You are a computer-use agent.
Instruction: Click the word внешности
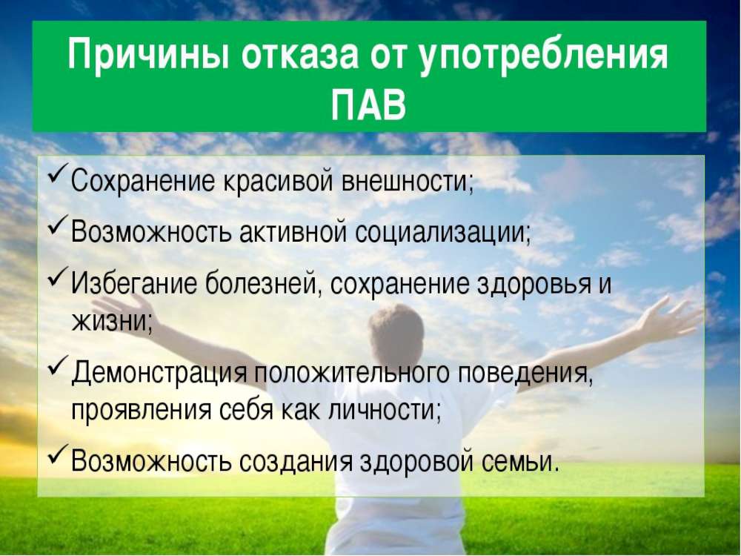408,181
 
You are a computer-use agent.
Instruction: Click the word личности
384,411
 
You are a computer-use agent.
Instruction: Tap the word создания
296,462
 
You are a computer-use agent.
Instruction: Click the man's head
396,331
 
